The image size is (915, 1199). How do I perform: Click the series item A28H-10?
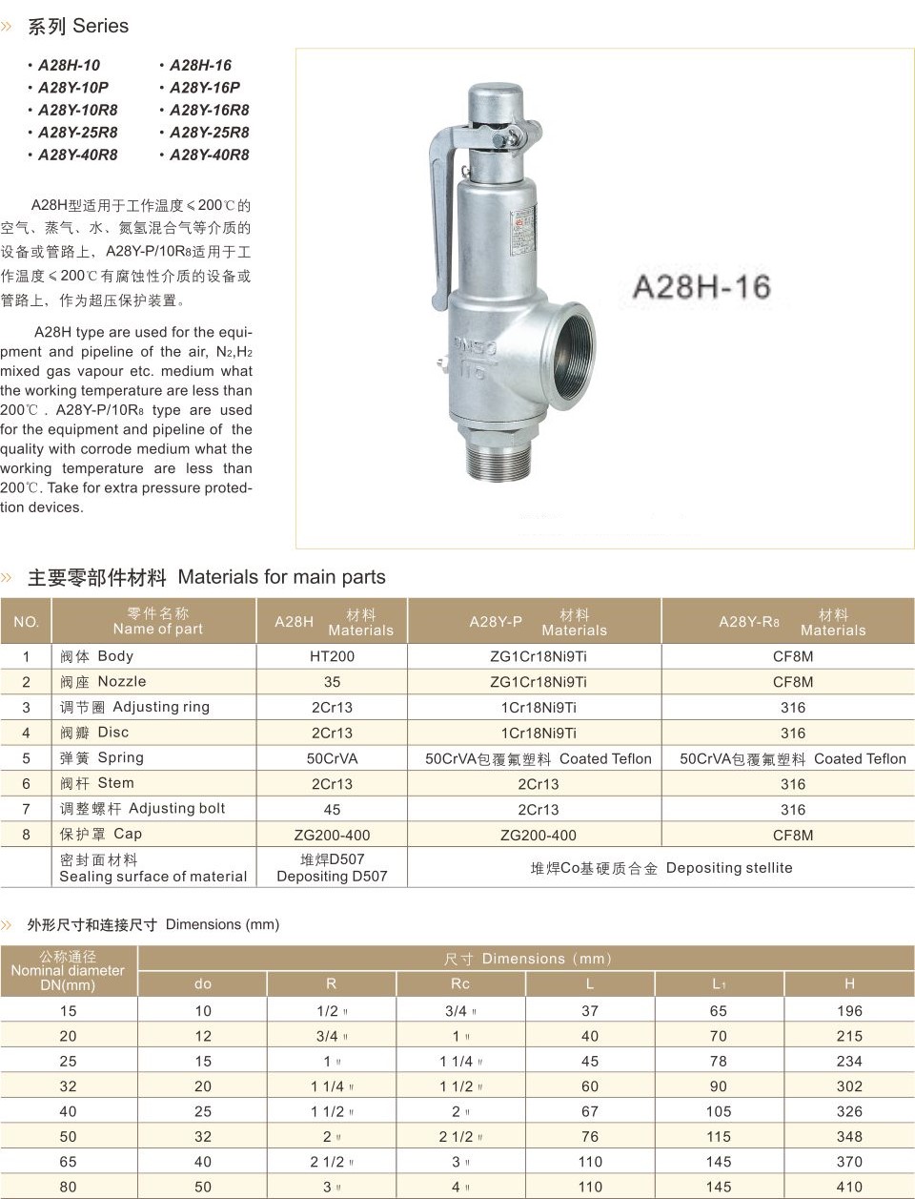tap(69, 66)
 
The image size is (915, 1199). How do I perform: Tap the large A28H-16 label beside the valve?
tap(701, 286)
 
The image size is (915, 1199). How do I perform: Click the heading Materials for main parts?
tap(281, 577)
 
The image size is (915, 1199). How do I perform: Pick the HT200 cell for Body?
tap(332, 656)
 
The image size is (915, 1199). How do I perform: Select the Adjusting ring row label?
tap(134, 708)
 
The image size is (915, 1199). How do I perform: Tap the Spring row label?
tap(102, 758)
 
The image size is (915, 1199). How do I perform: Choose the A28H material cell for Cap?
tap(332, 835)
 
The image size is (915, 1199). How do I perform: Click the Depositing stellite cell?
tap(661, 868)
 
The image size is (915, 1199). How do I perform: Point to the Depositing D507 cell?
tap(332, 867)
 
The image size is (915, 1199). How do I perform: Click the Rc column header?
tap(460, 983)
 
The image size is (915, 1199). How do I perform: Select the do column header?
tap(203, 983)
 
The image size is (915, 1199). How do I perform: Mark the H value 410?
tap(849, 1187)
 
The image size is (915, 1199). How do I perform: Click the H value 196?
tap(849, 1011)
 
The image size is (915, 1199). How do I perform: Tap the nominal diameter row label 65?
tap(69, 1162)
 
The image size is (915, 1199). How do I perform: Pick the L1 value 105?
tap(719, 1111)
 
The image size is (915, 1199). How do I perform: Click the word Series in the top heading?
tap(100, 27)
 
